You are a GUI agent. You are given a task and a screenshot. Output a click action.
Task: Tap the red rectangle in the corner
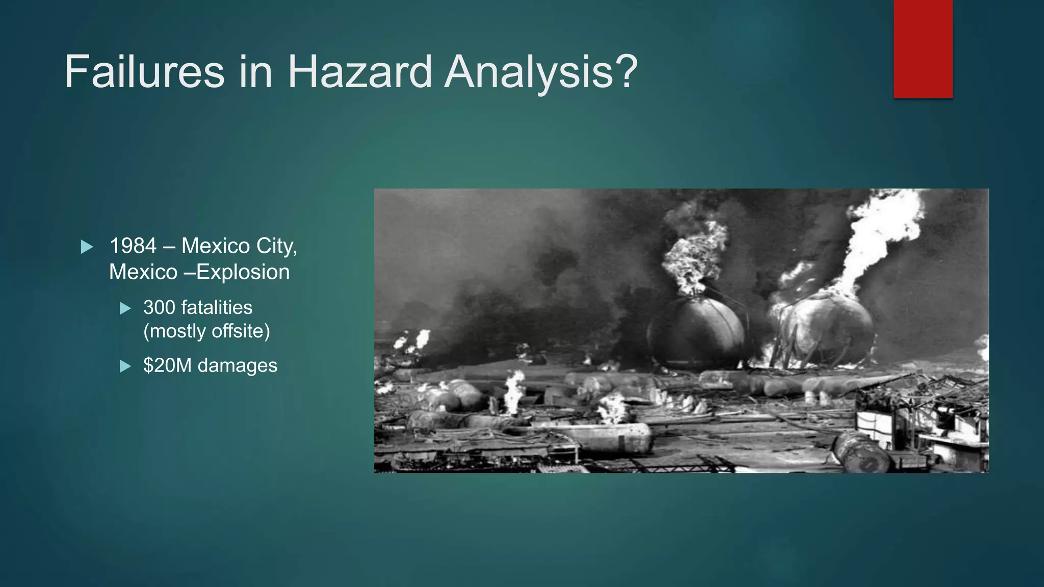click(923, 49)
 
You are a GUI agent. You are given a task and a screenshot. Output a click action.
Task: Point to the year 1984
click(133, 246)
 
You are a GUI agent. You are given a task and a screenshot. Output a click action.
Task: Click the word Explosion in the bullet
click(243, 272)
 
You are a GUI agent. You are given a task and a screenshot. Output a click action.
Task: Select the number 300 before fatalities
click(159, 308)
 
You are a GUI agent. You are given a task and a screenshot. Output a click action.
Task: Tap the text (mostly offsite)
click(206, 331)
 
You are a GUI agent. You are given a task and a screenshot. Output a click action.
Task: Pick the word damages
click(238, 365)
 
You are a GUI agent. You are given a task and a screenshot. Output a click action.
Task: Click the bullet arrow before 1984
click(87, 247)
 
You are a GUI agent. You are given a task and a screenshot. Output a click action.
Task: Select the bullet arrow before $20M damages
click(125, 366)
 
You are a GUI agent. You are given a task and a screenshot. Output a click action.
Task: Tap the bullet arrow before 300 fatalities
click(125, 308)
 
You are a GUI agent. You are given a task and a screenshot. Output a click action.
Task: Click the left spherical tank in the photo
click(696, 334)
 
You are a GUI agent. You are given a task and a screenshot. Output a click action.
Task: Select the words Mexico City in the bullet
click(239, 246)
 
